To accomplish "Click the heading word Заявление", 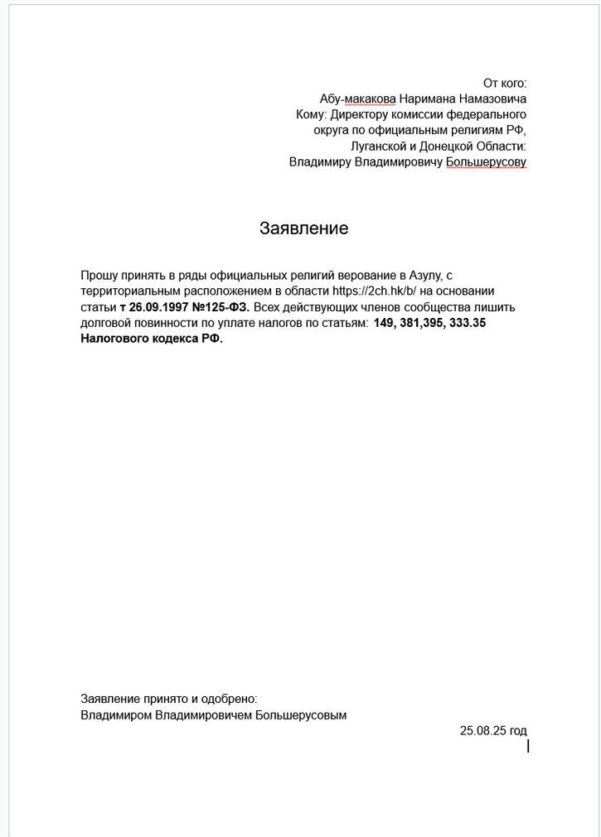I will coord(304,228).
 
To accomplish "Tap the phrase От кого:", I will coord(505,83).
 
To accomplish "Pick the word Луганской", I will coord(377,146).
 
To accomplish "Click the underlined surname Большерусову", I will coord(487,161).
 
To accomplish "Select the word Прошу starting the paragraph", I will coord(99,275).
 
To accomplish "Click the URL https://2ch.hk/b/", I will coord(377,291).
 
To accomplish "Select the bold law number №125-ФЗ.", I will coord(221,307).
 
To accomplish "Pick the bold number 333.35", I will coord(466,323).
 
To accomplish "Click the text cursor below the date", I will coord(528,746).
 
